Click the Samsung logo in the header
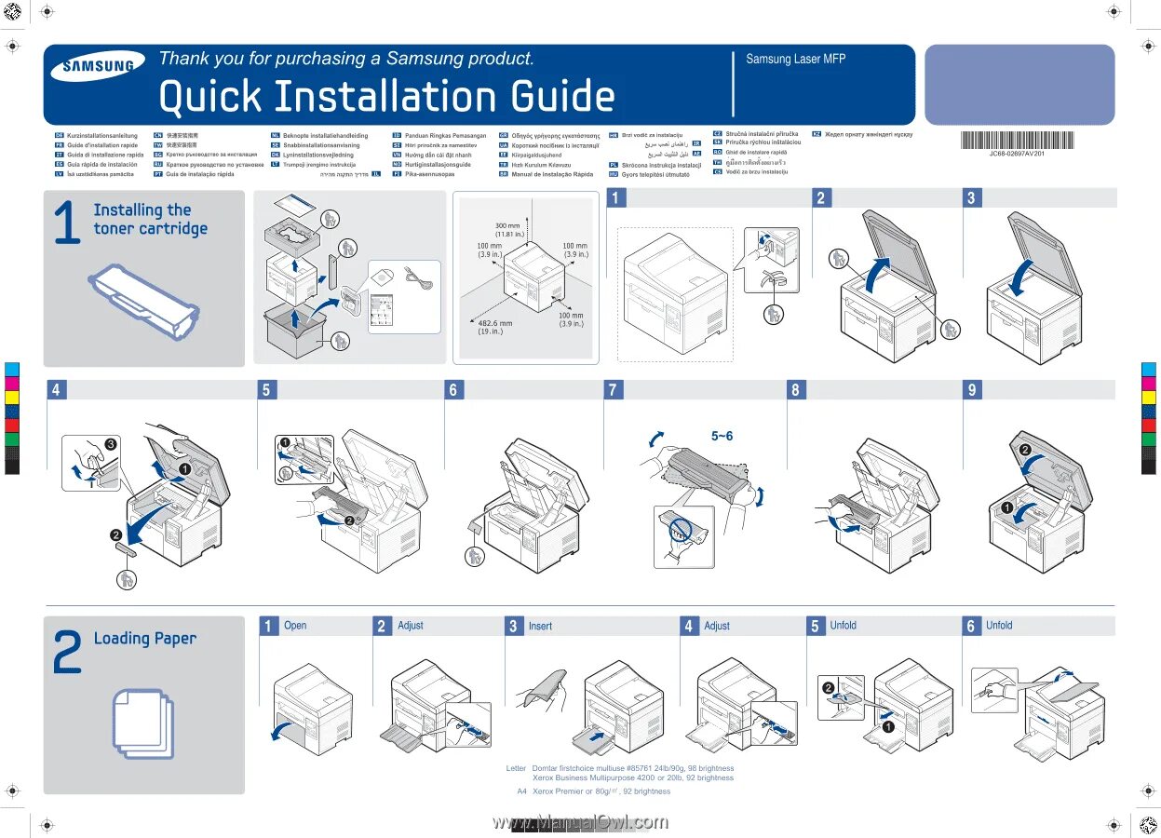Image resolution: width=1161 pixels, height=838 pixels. [x=97, y=66]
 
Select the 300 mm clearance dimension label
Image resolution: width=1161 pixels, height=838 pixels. [x=507, y=229]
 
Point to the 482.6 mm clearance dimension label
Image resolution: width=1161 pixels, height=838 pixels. [x=494, y=327]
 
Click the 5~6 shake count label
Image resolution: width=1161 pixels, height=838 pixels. [x=722, y=436]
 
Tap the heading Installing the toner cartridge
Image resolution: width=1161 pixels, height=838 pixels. [x=150, y=220]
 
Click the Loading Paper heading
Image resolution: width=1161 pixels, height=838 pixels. [x=145, y=639]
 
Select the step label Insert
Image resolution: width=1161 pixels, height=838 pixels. [x=540, y=627]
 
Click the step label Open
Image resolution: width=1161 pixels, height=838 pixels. [x=295, y=626]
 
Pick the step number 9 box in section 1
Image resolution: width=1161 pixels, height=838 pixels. [x=972, y=390]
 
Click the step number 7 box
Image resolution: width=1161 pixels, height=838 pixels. [x=613, y=390]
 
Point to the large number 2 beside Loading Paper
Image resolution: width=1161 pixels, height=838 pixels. [x=67, y=652]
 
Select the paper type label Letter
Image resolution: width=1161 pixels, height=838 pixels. [x=516, y=769]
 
